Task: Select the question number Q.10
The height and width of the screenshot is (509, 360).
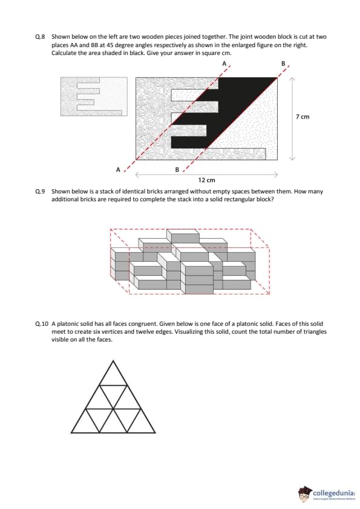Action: pyautogui.click(x=42, y=323)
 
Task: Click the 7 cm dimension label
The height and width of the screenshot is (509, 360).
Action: pyautogui.click(x=303, y=117)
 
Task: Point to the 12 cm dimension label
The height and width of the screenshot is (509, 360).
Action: pyautogui.click(x=207, y=180)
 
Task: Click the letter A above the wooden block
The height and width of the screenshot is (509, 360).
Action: pyautogui.click(x=224, y=63)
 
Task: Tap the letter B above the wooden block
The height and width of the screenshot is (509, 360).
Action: pyautogui.click(x=283, y=63)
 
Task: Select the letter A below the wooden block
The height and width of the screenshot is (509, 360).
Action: pyautogui.click(x=118, y=169)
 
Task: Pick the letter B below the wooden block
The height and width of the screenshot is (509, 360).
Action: pyautogui.click(x=177, y=169)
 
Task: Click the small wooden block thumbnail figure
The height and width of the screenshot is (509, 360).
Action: pyautogui.click(x=94, y=96)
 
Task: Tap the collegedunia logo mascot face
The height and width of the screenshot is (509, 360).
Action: pyautogui.click(x=304, y=494)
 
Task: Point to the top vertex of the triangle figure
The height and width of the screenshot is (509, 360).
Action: pyautogui.click(x=113, y=360)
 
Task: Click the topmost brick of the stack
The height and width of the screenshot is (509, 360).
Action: pyautogui.click(x=183, y=235)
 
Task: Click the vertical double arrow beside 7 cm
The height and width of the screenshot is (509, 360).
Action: pyautogui.click(x=292, y=118)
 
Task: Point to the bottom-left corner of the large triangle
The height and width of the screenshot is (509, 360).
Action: pyautogui.click(x=71, y=432)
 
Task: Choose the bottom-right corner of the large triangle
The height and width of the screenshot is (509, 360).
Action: pyautogui.click(x=155, y=432)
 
